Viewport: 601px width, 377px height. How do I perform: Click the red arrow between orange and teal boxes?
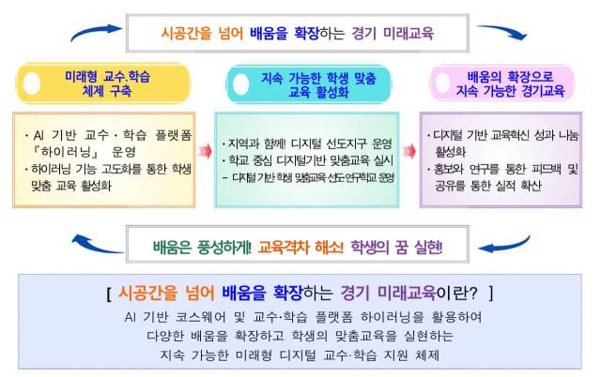(x=205, y=151)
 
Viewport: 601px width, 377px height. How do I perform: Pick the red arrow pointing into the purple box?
(x=409, y=151)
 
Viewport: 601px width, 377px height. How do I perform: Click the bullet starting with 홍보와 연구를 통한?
(x=503, y=171)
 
